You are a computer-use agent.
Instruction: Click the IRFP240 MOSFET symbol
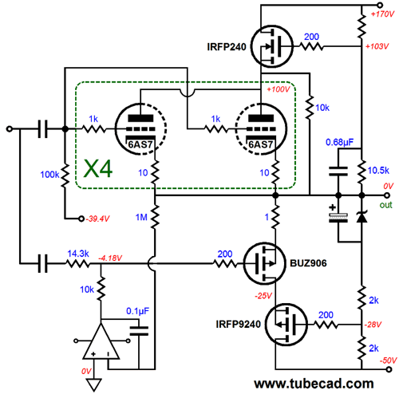click(272, 47)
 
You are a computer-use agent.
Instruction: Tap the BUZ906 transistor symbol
click(264, 263)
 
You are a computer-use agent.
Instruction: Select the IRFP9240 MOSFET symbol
click(286, 325)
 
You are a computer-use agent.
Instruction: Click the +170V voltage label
click(382, 14)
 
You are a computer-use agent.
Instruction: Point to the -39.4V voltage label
click(97, 219)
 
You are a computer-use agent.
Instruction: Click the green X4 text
click(98, 169)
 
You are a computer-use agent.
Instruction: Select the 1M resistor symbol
click(155, 217)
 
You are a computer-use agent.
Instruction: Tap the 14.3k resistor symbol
click(78, 264)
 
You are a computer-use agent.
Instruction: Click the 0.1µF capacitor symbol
click(139, 331)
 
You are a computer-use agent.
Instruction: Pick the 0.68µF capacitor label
click(339, 142)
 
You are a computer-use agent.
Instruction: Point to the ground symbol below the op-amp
click(94, 384)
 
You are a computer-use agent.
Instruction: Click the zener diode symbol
click(361, 216)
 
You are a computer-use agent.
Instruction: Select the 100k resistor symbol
click(65, 175)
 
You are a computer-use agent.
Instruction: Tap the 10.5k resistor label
click(378, 171)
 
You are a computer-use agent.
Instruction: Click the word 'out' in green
click(385, 205)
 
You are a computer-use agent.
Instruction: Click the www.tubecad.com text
click(314, 384)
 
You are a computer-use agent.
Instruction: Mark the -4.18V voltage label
click(110, 258)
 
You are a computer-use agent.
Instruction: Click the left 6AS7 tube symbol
click(140, 129)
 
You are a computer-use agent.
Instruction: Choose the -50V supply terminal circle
click(389, 369)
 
